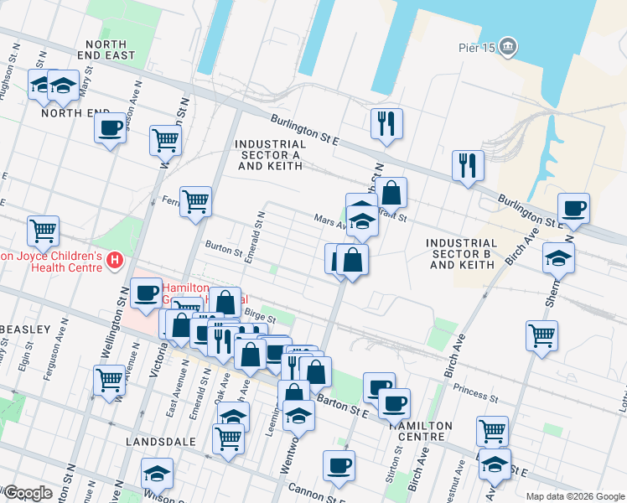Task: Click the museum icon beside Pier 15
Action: coord(508,48)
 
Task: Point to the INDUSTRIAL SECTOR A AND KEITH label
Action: coord(270,154)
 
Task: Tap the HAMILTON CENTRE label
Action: coord(420,430)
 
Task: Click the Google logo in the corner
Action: coord(28,492)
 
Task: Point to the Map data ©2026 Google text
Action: coord(574,496)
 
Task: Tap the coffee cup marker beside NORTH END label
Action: coord(110,128)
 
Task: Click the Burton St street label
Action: coord(223,248)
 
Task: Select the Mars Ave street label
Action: coord(330,222)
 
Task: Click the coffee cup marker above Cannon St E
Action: coord(339,465)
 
